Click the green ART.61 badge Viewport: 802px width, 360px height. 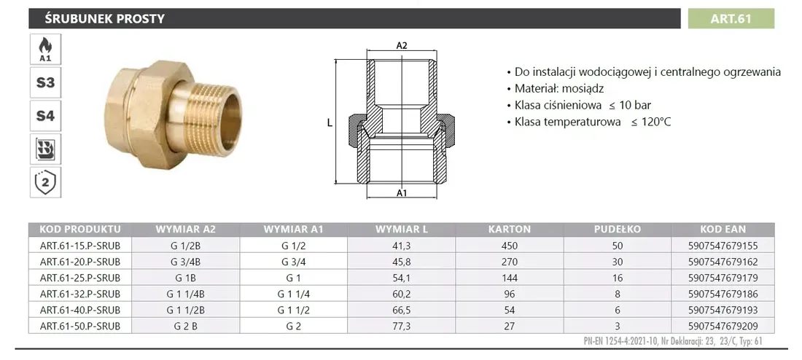[731, 19]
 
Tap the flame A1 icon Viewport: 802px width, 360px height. [45, 49]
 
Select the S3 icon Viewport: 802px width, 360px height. [45, 82]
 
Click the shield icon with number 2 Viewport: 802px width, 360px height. [45, 181]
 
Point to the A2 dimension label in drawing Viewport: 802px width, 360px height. [401, 45]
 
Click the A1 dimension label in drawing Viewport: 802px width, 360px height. [401, 193]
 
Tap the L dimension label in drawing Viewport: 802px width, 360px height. [330, 123]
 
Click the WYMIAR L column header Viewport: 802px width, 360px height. [402, 229]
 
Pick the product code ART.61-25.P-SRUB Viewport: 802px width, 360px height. [80, 278]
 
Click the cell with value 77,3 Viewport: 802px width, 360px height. [402, 326]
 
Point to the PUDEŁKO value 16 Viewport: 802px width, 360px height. [618, 278]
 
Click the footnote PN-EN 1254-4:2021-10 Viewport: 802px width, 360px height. [620, 341]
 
